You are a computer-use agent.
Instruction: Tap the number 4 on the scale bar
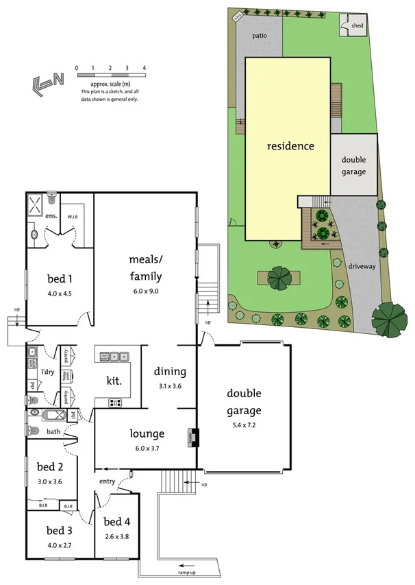[x=144, y=68]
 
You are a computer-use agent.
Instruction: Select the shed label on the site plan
[x=357, y=26]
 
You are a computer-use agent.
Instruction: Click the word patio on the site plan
[x=259, y=36]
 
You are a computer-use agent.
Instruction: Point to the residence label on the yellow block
[x=290, y=146]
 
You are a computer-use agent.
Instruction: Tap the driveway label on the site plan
[x=361, y=266]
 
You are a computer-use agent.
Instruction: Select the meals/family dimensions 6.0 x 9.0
[x=145, y=291]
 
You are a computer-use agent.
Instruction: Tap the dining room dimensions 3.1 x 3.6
[x=170, y=386]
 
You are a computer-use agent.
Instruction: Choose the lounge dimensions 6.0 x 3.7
[x=147, y=448]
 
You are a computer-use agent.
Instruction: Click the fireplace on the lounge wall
[x=194, y=437]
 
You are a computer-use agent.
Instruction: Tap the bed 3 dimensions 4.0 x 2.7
[x=59, y=546]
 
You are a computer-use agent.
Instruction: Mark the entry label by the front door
[x=107, y=481]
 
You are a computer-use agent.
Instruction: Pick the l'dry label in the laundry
[x=48, y=372]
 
